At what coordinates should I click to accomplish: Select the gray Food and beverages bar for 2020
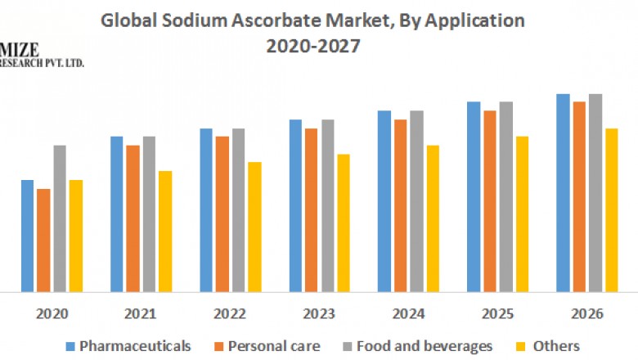[x=60, y=218]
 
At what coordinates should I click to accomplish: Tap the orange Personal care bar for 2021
[x=133, y=218]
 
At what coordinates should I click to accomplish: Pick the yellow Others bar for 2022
[x=254, y=227]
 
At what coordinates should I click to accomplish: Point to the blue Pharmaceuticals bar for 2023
[x=295, y=205]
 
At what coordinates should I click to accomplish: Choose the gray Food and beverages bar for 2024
[x=416, y=201]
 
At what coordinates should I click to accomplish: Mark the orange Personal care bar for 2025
[x=490, y=201]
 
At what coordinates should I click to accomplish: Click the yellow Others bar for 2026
[x=611, y=209]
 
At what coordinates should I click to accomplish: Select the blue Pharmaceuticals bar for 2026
[x=563, y=192]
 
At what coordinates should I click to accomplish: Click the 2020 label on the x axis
[x=52, y=313]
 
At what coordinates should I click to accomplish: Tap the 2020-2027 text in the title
[x=313, y=47]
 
